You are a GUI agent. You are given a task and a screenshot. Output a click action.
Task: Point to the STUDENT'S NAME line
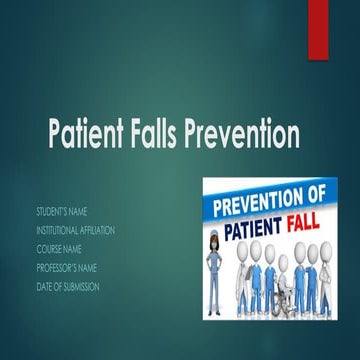[x=63, y=213]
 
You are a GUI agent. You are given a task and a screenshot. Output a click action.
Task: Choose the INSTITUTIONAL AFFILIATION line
[x=76, y=231]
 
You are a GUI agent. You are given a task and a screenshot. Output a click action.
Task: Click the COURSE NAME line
[x=59, y=249]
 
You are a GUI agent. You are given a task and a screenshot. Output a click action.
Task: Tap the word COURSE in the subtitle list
[x=49, y=249]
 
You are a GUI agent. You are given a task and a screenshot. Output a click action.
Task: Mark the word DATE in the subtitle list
[x=44, y=287]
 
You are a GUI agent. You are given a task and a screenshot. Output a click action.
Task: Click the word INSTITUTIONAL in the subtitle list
[x=58, y=231]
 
